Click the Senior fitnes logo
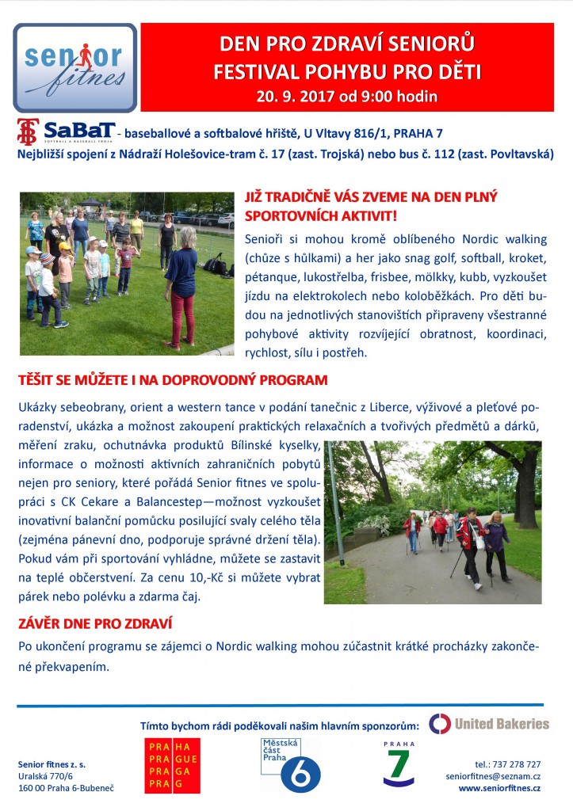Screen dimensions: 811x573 pyautogui.click(x=74, y=67)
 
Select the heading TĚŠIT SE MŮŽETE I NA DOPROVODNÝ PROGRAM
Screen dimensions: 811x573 pyautogui.click(x=173, y=380)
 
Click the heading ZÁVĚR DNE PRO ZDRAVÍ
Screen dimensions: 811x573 pyautogui.click(x=96, y=624)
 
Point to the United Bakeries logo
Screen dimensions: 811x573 pyautogui.click(x=488, y=722)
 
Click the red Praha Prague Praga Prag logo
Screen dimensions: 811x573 pyautogui.click(x=172, y=765)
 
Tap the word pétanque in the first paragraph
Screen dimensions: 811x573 pyautogui.click(x=268, y=276)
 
